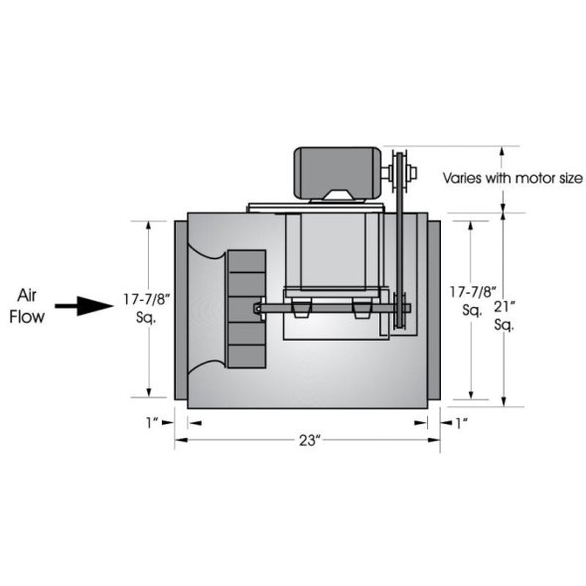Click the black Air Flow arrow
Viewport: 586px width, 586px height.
coord(84,306)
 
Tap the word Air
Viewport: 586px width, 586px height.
coord(27,296)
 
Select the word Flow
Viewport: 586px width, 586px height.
coord(27,317)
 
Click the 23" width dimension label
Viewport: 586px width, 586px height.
coord(310,441)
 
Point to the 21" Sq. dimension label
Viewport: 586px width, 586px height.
coord(505,316)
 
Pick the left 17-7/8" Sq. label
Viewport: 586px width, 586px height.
coord(147,308)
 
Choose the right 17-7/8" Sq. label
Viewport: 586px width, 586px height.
coord(473,301)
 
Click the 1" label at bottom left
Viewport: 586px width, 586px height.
coord(152,423)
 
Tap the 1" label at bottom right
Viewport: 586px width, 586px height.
coord(462,423)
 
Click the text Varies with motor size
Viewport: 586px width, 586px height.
coord(513,178)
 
